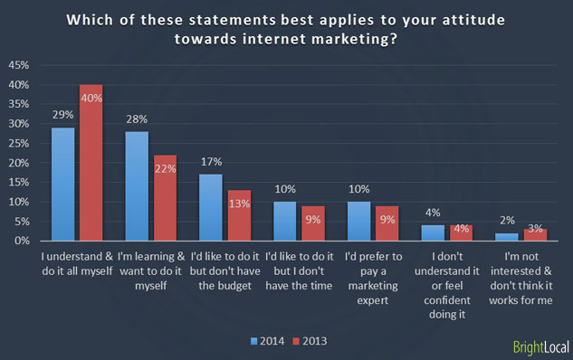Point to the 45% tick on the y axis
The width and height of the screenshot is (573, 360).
(x=17, y=65)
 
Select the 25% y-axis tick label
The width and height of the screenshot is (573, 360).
(x=17, y=143)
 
